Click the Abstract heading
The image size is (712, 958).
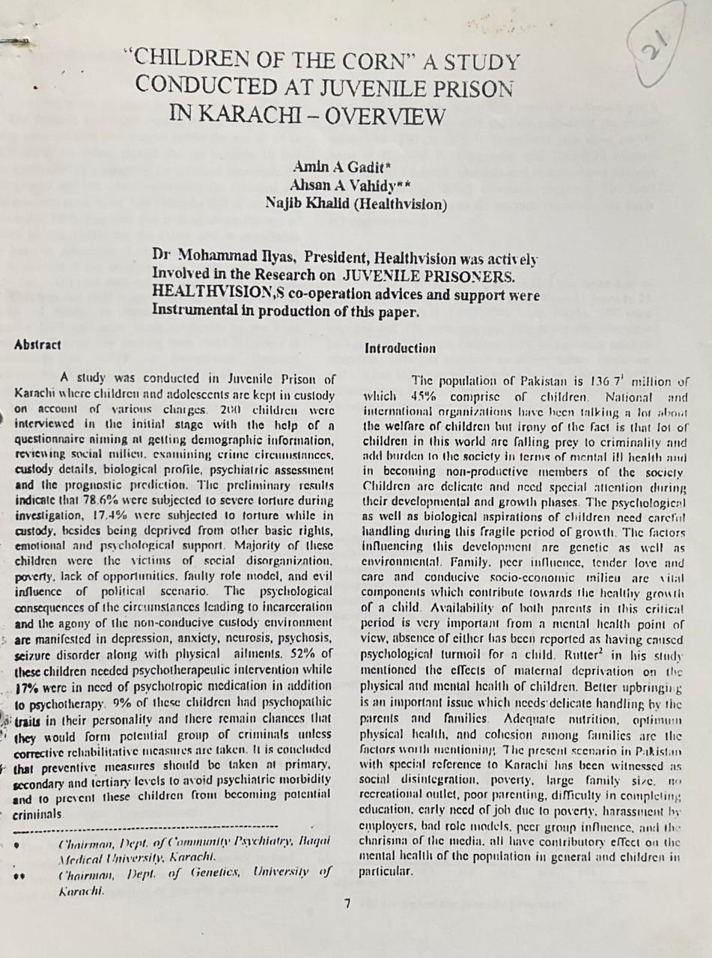pyautogui.click(x=37, y=345)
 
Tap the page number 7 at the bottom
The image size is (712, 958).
pyautogui.click(x=347, y=903)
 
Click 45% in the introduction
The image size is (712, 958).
pyautogui.click(x=424, y=397)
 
